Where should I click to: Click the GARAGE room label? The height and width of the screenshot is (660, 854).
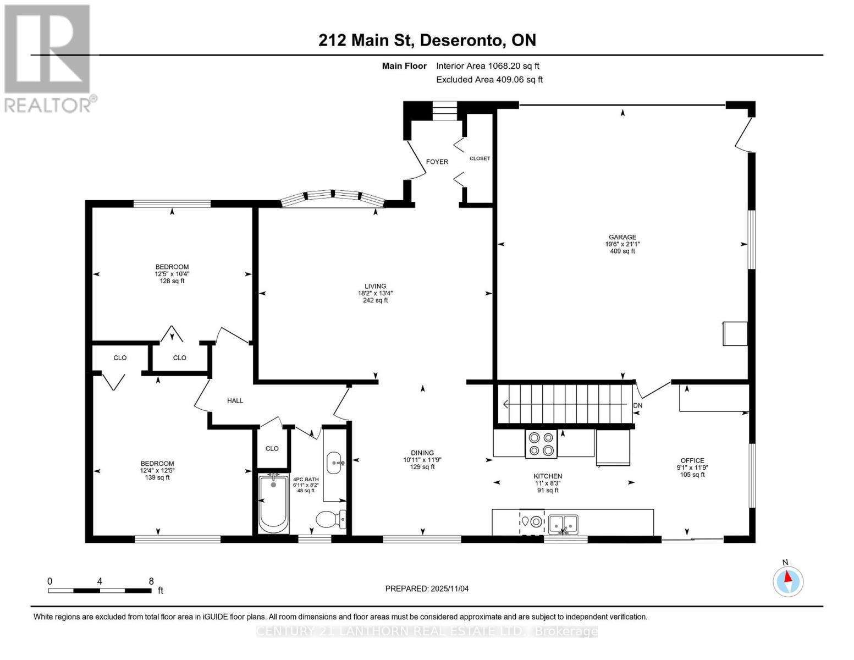622,237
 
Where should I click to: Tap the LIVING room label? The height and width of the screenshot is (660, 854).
375,286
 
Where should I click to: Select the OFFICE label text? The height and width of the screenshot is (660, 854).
692,460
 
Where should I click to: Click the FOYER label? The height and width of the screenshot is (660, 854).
437,162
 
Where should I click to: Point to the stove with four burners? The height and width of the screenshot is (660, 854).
541,444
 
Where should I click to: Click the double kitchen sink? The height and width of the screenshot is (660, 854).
563,522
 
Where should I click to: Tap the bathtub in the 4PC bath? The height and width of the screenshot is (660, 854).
273,503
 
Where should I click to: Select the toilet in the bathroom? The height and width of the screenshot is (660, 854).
330,518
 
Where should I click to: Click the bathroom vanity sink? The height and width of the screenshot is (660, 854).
334,463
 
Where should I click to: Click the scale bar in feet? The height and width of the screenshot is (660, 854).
100,591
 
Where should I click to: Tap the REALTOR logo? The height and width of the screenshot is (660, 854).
48,58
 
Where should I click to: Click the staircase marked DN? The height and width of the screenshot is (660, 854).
566,404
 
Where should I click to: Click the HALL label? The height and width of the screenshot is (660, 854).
235,400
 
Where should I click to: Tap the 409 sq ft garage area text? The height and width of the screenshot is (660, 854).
622,251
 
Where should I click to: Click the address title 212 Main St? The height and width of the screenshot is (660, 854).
427,40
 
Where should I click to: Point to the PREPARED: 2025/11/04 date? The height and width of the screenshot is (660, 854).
427,588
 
